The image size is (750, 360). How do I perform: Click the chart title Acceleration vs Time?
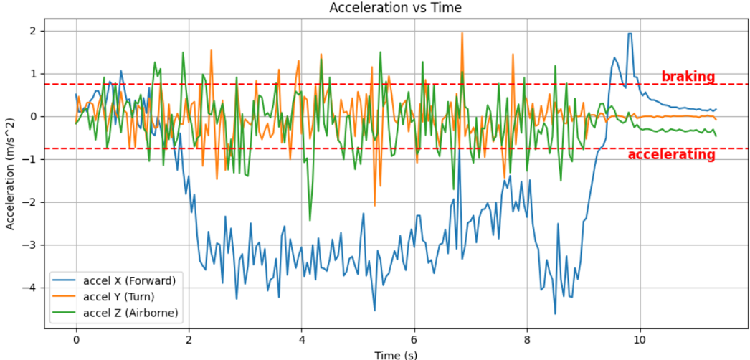(395, 8)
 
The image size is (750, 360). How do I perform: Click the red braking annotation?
(688, 77)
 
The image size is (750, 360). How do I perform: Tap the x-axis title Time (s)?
(395, 354)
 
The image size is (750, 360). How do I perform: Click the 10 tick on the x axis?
(640, 340)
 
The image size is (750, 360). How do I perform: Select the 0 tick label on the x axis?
(76, 340)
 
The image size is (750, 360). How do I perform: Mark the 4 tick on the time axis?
(302, 340)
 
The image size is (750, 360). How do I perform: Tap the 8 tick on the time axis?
(527, 340)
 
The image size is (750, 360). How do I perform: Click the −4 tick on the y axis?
(32, 288)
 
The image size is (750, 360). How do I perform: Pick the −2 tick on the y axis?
(32, 202)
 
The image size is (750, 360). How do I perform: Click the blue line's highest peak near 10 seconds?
(630, 34)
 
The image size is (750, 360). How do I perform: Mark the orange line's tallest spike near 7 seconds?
(462, 33)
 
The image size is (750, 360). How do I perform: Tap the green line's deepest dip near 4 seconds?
(310, 219)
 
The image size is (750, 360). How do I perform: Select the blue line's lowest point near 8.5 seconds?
(555, 313)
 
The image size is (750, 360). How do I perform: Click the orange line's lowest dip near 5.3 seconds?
(374, 205)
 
